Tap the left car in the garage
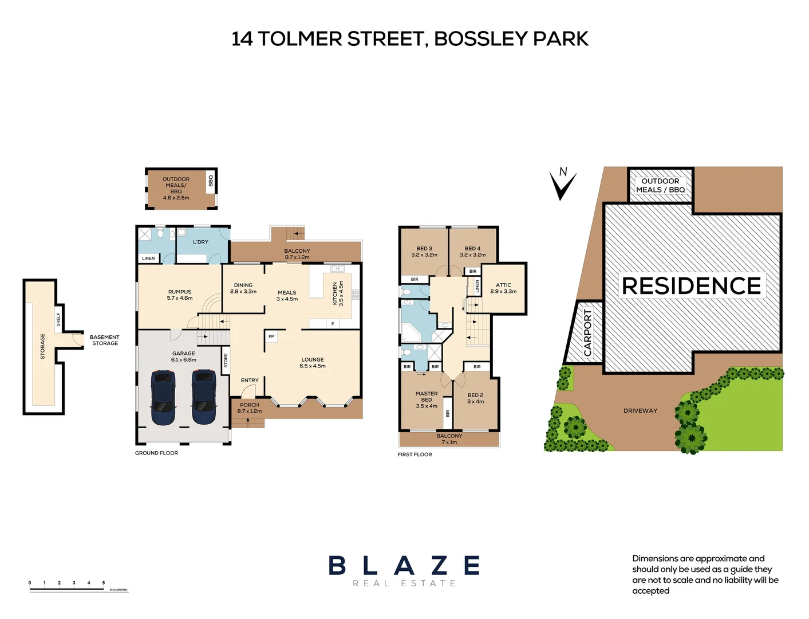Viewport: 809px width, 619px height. click(x=163, y=397)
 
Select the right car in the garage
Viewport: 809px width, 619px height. click(x=204, y=397)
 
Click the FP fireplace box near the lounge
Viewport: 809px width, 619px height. click(x=271, y=336)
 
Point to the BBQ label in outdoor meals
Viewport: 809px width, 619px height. click(x=211, y=181)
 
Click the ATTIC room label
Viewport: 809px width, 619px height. click(x=503, y=285)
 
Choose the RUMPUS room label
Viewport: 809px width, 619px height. click(x=180, y=292)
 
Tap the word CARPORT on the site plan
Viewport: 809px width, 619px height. click(x=587, y=333)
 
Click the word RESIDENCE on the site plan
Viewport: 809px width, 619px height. click(x=691, y=286)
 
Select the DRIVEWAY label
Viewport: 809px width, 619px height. click(x=640, y=411)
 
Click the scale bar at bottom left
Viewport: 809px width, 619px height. click(x=78, y=587)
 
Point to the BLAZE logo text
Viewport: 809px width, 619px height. click(x=404, y=566)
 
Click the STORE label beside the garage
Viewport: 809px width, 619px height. click(x=226, y=361)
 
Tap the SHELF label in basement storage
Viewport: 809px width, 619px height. click(x=58, y=319)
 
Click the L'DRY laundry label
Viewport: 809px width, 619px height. click(x=200, y=242)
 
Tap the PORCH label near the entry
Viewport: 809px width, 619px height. click(x=250, y=405)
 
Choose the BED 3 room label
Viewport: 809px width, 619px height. click(x=424, y=249)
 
